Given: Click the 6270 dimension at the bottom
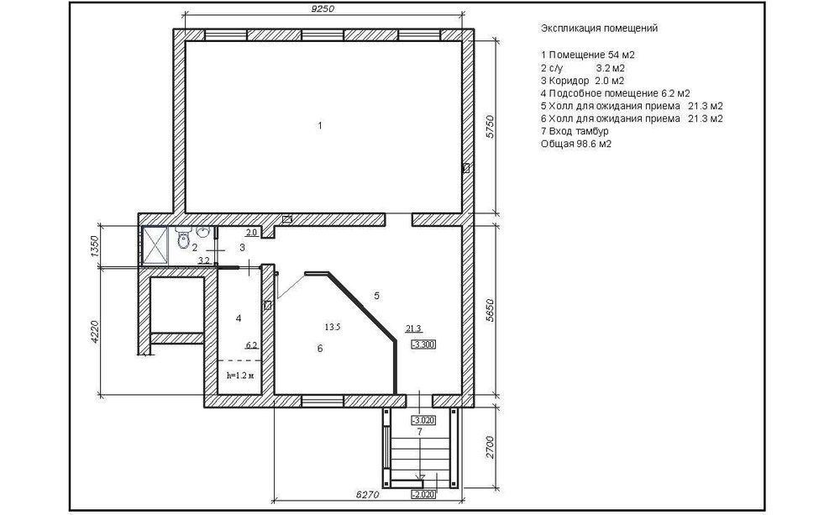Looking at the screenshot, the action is (367, 495).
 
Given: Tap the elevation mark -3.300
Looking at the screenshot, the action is (423, 344).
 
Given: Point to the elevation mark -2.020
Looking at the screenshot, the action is (423, 494).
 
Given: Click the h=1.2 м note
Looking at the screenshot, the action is (239, 376).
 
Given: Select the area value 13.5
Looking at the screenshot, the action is (333, 326).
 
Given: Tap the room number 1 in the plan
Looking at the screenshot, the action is (320, 125).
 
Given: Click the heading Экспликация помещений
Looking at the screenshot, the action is (599, 28).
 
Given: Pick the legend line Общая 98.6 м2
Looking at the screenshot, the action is (576, 144).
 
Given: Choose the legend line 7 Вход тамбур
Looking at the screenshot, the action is (575, 131).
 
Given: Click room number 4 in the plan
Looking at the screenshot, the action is (239, 318).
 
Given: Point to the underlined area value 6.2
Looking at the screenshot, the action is (252, 345).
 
